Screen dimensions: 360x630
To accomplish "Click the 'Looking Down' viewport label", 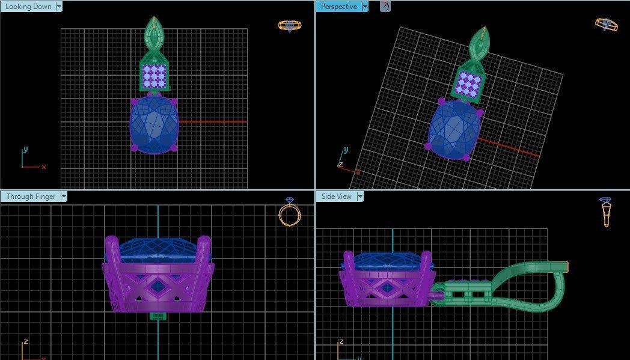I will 28,7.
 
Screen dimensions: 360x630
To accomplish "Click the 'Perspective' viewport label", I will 338,7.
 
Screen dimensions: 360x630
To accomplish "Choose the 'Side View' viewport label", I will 337,197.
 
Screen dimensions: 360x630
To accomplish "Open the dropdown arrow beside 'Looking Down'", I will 59,7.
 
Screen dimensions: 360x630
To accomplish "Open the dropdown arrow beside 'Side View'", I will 361,197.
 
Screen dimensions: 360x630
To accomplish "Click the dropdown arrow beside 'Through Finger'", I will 64,197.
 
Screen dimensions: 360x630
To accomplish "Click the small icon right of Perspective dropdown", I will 385,7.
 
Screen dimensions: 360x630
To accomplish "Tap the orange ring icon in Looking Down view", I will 289,25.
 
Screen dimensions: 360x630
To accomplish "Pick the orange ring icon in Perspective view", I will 606,24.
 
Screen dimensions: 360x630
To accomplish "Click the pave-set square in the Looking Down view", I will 154,76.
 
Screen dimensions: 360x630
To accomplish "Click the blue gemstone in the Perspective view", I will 454,129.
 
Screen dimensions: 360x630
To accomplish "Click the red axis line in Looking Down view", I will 213,122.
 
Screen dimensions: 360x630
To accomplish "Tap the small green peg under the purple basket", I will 158,316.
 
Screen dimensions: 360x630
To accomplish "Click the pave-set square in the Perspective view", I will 469,84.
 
